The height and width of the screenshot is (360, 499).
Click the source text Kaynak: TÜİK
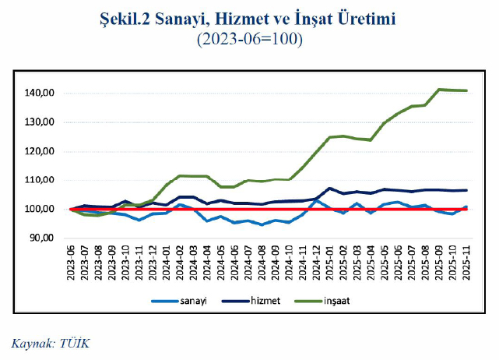click(x=51, y=341)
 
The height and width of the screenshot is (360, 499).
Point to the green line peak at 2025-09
click(x=440, y=90)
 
